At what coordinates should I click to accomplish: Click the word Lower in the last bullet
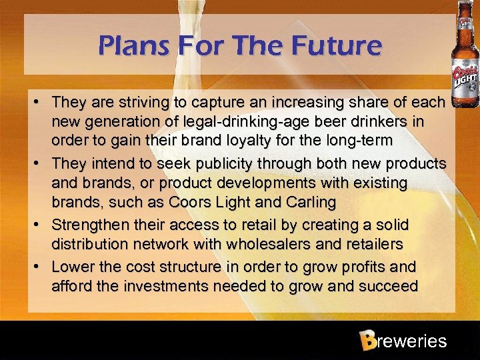71,267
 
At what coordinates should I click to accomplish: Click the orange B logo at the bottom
366,341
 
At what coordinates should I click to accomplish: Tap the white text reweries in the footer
411,341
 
